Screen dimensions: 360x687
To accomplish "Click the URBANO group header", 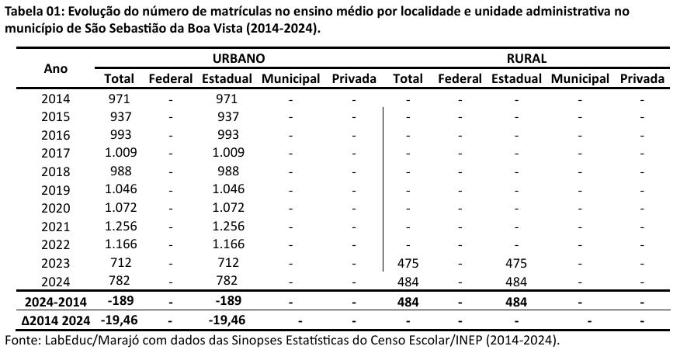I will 238,58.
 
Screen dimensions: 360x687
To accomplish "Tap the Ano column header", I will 56,68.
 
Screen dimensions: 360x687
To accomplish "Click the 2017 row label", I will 56,153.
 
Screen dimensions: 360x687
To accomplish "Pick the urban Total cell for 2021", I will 120,225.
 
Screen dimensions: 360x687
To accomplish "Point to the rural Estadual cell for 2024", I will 516,280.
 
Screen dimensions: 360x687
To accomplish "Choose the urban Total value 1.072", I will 120,207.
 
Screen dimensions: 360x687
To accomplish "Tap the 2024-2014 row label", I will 56,301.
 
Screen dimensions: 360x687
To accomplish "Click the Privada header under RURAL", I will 642,78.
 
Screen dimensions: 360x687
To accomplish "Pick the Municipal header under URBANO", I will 291,78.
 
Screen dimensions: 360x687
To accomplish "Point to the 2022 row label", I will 56,244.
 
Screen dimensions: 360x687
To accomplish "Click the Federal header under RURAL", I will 460,78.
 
